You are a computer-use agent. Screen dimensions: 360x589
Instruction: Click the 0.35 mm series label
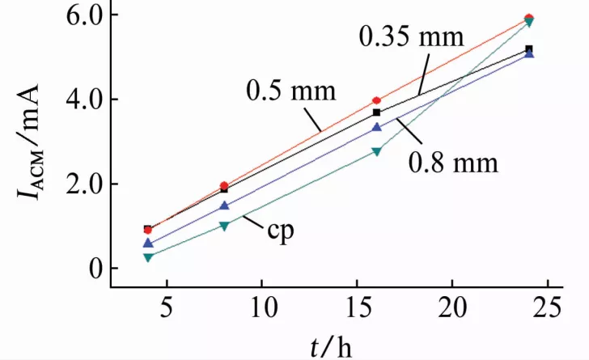pyautogui.click(x=411, y=37)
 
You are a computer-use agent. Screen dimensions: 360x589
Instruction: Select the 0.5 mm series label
pyautogui.click(x=290, y=90)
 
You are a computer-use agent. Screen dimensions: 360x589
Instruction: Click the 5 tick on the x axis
pyautogui.click(x=165, y=307)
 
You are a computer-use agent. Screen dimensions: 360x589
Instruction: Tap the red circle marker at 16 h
pyautogui.click(x=376, y=101)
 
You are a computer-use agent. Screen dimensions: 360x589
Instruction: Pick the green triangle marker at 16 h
pyautogui.click(x=376, y=151)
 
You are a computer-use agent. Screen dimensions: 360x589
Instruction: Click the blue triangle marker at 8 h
pyautogui.click(x=224, y=205)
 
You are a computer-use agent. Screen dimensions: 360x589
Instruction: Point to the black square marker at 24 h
pyautogui.click(x=529, y=49)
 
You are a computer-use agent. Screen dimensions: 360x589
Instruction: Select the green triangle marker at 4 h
pyautogui.click(x=148, y=257)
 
